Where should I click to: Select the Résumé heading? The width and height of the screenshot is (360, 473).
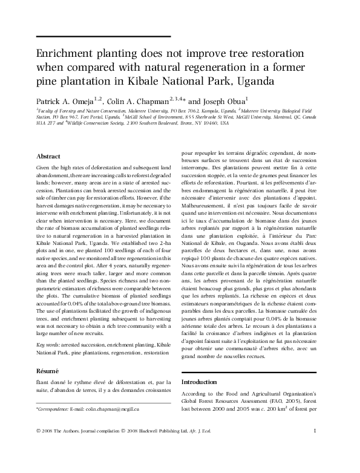coord(48,370)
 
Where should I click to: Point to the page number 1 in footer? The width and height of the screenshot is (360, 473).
coord(316,447)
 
